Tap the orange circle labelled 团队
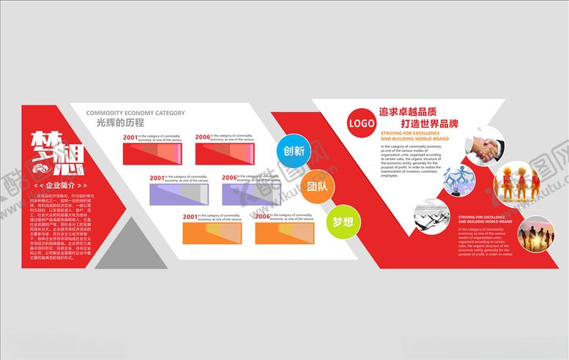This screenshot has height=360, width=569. coord(316,186)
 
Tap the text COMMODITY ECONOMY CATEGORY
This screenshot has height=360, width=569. coord(135,113)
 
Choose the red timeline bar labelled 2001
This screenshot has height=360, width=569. coord(152,153)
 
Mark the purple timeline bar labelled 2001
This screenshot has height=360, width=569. coord(179,193)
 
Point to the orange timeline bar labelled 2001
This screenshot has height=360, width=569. coord(213,233)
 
